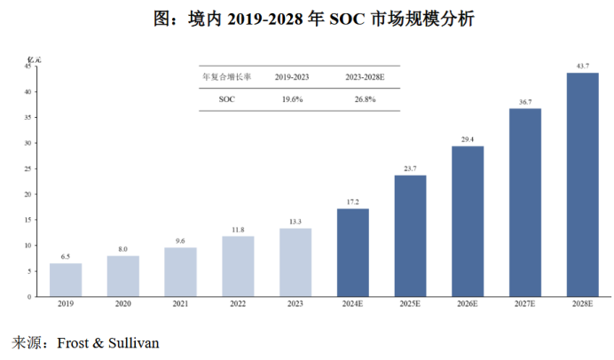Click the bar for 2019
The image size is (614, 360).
[x=66, y=279]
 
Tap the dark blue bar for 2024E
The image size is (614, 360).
[x=353, y=252]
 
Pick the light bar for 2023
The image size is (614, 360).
[x=295, y=262]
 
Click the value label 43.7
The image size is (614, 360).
[x=583, y=67]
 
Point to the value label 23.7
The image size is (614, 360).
[x=410, y=168]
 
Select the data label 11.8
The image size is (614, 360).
[x=238, y=230]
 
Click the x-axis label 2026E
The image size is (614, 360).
[x=468, y=303]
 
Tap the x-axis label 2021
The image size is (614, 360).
[x=180, y=303]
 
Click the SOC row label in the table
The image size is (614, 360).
[x=226, y=99]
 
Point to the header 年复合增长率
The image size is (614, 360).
[x=227, y=77]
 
